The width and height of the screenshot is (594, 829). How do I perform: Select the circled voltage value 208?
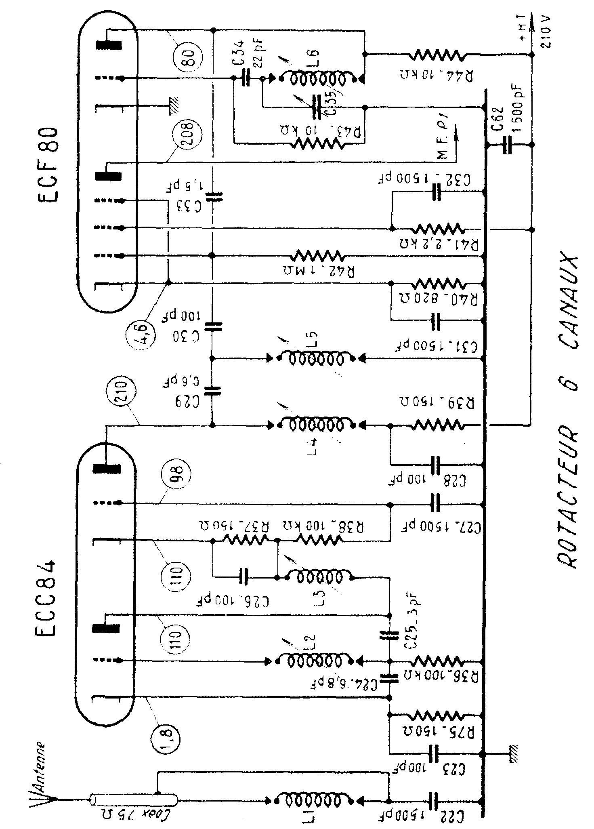tap(183, 135)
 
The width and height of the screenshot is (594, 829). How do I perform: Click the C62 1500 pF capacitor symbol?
tap(508, 145)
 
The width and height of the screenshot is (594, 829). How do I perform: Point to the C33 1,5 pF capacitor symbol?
tap(213, 197)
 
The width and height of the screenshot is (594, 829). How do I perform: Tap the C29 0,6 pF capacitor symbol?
tap(213, 390)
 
